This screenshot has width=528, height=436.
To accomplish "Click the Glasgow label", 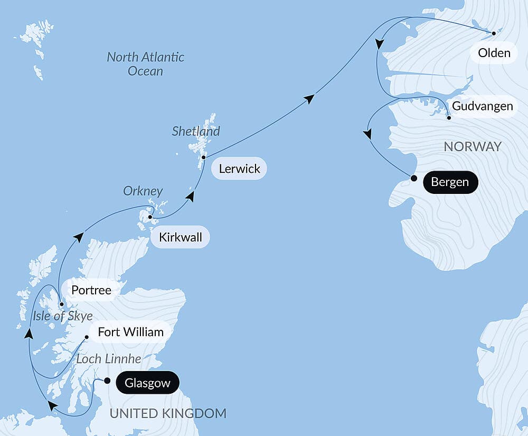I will (147, 383).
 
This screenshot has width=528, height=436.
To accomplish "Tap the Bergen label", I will (450, 183).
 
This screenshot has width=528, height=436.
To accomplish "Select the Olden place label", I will (494, 53).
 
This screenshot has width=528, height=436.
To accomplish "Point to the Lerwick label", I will (239, 169).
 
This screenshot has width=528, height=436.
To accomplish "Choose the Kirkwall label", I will (180, 238).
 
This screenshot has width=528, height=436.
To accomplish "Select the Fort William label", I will (130, 332).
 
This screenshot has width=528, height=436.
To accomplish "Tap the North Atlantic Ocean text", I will (145, 64).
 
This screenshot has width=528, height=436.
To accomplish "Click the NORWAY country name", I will (473, 147).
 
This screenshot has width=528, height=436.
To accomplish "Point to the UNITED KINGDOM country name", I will (168, 413).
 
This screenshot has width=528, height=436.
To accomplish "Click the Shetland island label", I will (195, 131).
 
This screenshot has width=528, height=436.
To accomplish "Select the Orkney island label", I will (143, 191).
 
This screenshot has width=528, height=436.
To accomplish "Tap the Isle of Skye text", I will (62, 317).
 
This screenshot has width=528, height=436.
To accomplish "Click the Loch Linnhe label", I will (109, 359).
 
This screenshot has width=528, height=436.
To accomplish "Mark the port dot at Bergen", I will (414, 178).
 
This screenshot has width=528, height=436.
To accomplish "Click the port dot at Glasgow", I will (107, 381).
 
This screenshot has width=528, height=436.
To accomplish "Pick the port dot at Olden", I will (494, 33).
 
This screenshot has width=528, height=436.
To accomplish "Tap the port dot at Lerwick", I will (203, 157).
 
